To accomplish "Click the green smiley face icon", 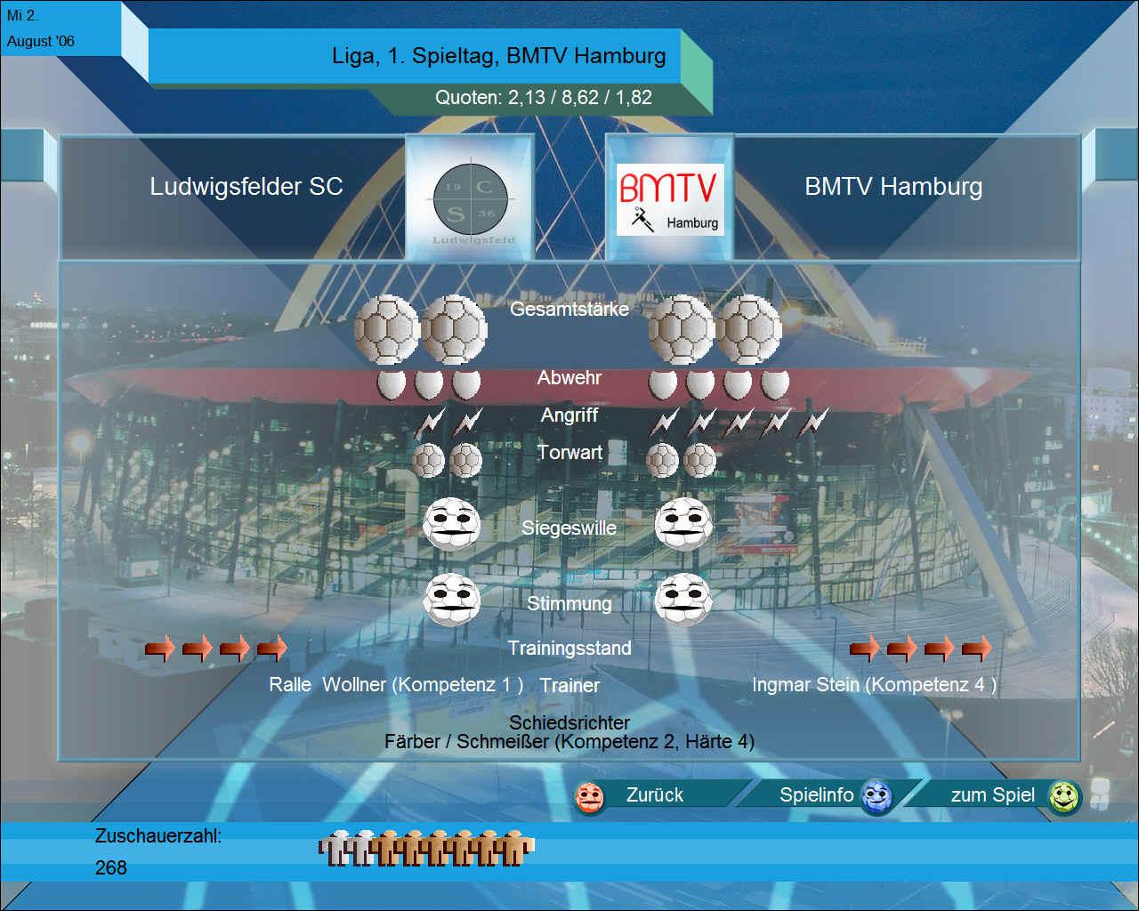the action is point(1064,796).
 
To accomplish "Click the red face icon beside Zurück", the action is point(589,797).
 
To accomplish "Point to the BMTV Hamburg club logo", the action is point(669,199).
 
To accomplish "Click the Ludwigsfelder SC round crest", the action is point(471,199).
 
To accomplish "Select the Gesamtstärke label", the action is point(569,309).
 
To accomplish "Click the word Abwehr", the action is point(569,378).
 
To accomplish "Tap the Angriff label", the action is point(569,415).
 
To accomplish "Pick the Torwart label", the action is point(569,453).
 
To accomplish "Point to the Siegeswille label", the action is point(569,528).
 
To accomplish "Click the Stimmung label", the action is point(569,604).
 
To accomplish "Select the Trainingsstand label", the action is point(569,649).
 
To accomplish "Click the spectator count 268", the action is point(111,868).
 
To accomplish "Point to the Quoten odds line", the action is point(544,97).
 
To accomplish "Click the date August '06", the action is point(41,41).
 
